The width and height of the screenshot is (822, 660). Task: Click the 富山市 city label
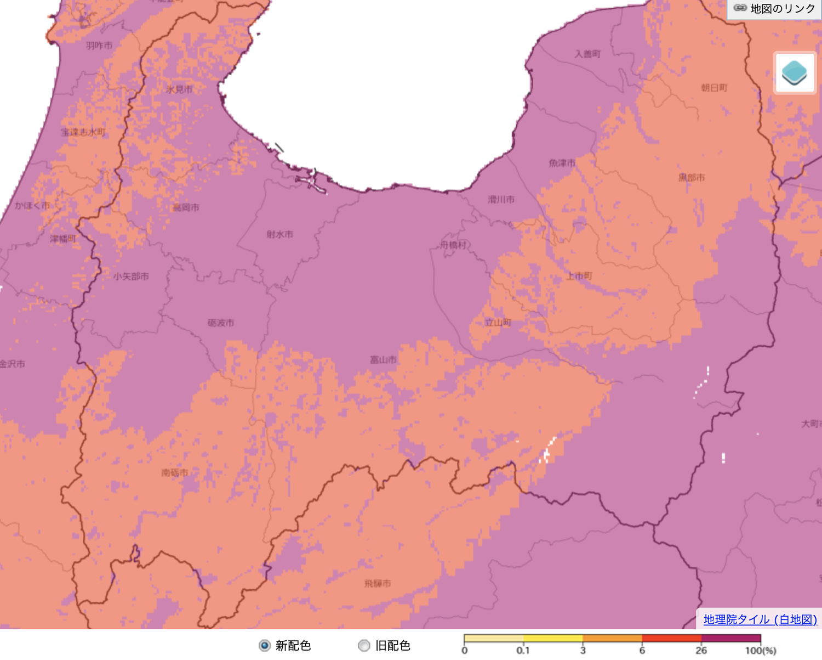pyautogui.click(x=383, y=360)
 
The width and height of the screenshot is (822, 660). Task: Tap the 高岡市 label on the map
pyautogui.click(x=186, y=207)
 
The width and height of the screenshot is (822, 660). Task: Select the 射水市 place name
pyautogui.click(x=280, y=234)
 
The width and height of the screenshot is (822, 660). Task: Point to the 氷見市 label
pyautogui.click(x=179, y=89)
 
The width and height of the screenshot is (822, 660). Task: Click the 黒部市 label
pyautogui.click(x=692, y=178)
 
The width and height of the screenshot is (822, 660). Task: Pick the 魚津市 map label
pyautogui.click(x=562, y=163)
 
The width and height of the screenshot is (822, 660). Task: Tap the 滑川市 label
pyautogui.click(x=501, y=199)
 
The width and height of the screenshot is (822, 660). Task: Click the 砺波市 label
pyautogui.click(x=221, y=323)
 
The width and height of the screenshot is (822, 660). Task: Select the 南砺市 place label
pyautogui.click(x=175, y=472)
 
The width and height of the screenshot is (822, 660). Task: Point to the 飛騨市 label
pyautogui.click(x=378, y=583)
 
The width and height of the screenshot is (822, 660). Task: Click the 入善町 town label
pyautogui.click(x=587, y=54)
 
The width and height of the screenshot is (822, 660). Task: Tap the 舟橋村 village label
pyautogui.click(x=453, y=245)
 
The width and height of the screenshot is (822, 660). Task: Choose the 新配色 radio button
pyautogui.click(x=265, y=645)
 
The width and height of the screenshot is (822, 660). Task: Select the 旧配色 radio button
pyautogui.click(x=364, y=645)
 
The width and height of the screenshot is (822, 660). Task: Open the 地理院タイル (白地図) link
pyautogui.click(x=760, y=619)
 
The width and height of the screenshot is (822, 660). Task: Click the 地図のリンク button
pyautogui.click(x=775, y=9)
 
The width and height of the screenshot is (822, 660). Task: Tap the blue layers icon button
pyautogui.click(x=795, y=73)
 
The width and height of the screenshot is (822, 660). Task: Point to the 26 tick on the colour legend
pyautogui.click(x=701, y=650)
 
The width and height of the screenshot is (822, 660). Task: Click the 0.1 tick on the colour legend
pyautogui.click(x=523, y=650)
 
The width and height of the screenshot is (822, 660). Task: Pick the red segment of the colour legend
pyautogui.click(x=671, y=638)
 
